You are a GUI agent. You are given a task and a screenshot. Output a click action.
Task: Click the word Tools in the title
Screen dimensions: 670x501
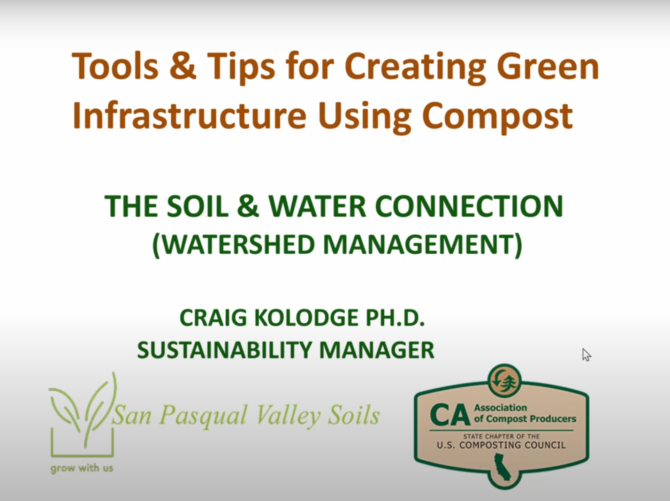[x=115, y=66]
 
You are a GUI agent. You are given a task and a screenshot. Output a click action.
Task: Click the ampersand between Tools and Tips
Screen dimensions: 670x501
[x=183, y=66]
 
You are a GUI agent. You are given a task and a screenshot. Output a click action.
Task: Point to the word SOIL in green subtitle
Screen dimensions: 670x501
[x=198, y=206]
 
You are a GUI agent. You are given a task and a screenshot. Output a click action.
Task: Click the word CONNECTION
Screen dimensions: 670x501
[x=469, y=206]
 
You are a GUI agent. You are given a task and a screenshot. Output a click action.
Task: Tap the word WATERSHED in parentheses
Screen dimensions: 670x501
[x=237, y=244]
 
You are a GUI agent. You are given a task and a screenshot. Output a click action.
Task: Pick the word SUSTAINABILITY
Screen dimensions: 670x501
[x=225, y=349]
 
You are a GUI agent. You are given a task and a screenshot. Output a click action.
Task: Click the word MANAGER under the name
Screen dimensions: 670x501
[x=377, y=349]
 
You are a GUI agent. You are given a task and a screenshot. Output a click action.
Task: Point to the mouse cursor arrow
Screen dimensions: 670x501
[x=586, y=355]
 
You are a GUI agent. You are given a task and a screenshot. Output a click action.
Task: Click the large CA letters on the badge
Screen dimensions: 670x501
[x=450, y=415]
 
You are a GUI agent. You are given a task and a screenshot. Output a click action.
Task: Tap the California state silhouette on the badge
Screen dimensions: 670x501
[x=502, y=467]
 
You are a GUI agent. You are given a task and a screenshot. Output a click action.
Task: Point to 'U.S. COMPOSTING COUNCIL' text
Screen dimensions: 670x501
[x=501, y=445]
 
